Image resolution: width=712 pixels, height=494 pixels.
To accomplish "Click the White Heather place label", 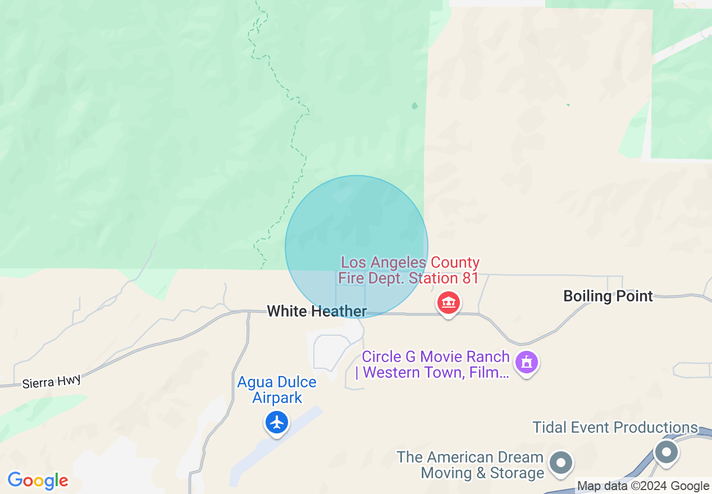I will pyautogui.click(x=317, y=311).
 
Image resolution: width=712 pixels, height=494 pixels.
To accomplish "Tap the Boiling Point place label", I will pyautogui.click(x=608, y=296).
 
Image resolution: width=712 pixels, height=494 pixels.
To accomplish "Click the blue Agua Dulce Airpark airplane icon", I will pyautogui.click(x=277, y=422).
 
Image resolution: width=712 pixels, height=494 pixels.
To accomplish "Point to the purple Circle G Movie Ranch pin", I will pyautogui.click(x=526, y=362).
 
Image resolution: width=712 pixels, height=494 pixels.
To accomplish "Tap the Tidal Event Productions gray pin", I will pyautogui.click(x=667, y=451).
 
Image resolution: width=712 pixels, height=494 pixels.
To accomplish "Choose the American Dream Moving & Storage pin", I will pyautogui.click(x=560, y=463).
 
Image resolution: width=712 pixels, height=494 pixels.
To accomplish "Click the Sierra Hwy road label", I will pyautogui.click(x=52, y=382).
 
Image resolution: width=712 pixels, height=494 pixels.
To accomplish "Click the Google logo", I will pyautogui.click(x=38, y=481).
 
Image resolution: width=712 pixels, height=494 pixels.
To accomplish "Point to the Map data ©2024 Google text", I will pyautogui.click(x=643, y=486).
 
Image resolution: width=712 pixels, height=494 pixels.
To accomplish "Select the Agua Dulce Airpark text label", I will pyautogui.click(x=277, y=390).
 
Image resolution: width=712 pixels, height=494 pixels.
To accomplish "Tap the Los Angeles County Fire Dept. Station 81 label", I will pyautogui.click(x=409, y=270).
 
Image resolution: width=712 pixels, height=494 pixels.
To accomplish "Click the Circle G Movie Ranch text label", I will pyautogui.click(x=435, y=364).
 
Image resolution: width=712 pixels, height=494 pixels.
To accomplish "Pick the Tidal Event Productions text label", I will pyautogui.click(x=615, y=427).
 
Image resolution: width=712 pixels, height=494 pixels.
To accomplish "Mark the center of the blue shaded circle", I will pyautogui.click(x=357, y=246).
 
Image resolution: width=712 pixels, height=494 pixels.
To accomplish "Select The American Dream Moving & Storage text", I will pyautogui.click(x=470, y=465).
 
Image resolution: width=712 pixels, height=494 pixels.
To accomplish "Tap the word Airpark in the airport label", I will pyautogui.click(x=277, y=397).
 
